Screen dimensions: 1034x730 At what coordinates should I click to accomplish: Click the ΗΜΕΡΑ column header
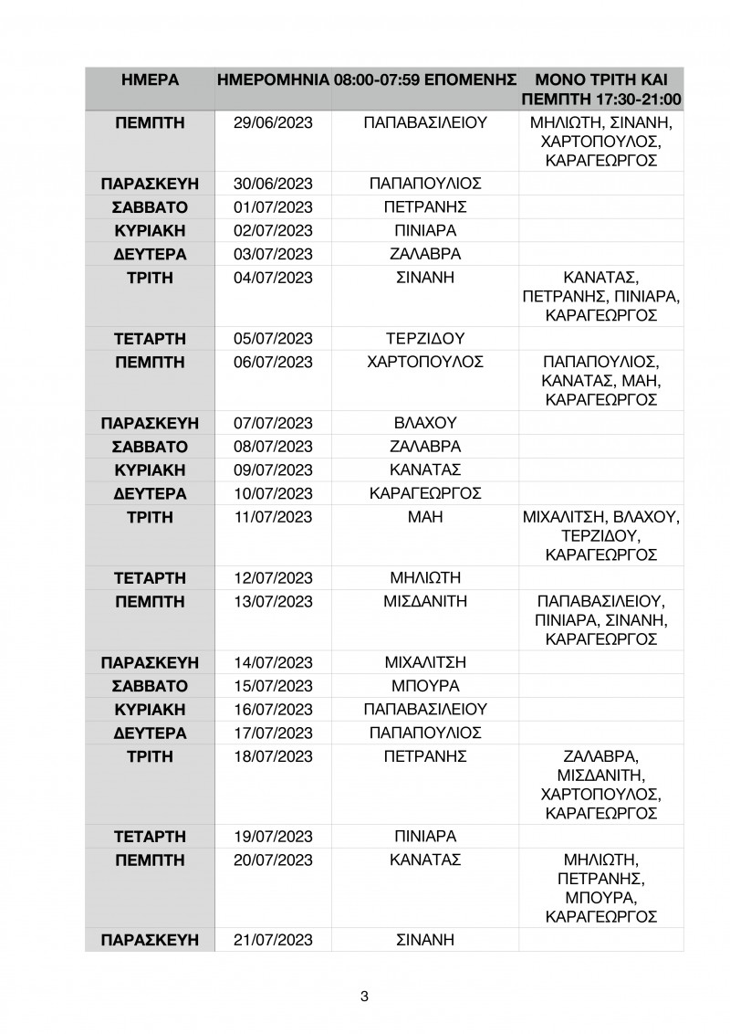[x=149, y=79]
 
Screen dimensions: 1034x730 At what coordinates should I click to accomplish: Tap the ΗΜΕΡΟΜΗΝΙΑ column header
[x=272, y=79]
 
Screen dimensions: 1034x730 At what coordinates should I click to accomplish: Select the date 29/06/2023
[x=273, y=123]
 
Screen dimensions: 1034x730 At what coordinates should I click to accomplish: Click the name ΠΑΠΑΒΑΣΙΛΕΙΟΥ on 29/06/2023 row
[x=425, y=123]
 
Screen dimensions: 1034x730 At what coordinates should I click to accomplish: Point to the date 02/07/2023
[x=273, y=230]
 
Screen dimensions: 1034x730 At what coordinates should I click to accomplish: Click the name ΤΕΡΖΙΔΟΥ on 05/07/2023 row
[x=425, y=338]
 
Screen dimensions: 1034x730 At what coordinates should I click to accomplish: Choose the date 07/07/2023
[x=273, y=423]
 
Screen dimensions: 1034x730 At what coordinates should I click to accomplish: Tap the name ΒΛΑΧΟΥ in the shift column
[x=425, y=423]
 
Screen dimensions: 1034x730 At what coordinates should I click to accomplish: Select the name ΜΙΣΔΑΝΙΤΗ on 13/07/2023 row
[x=425, y=602]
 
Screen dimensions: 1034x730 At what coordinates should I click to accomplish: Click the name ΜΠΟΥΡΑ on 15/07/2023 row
[x=425, y=685]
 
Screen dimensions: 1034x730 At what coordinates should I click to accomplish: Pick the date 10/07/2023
[x=273, y=494]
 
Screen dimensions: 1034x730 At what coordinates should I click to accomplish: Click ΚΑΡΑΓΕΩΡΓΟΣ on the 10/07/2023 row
[x=425, y=494]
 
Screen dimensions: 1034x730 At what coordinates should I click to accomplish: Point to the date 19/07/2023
[x=273, y=836]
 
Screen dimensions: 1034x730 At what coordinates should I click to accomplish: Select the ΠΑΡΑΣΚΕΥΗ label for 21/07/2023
[x=149, y=939]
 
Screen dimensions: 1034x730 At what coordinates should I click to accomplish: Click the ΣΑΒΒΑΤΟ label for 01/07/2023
[x=149, y=206]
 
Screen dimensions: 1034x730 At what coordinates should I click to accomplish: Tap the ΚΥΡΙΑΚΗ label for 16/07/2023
[x=149, y=709]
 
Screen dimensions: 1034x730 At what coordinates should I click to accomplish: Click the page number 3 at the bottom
[x=364, y=997]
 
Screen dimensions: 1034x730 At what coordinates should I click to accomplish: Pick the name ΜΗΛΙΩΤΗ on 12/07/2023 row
[x=425, y=578]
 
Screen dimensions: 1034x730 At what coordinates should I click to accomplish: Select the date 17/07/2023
[x=273, y=733]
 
